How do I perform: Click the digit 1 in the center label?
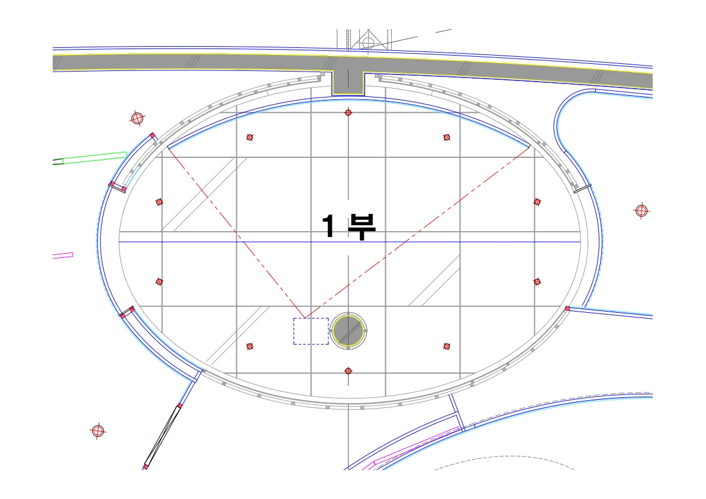pos(328,226)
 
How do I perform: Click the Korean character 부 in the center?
pos(362,227)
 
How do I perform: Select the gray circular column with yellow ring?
pos(348,331)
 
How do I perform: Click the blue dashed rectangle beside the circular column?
pos(311,331)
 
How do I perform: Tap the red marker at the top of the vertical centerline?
pos(348,112)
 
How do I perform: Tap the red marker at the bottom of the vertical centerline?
pos(348,371)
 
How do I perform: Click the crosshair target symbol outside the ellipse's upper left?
pos(137,118)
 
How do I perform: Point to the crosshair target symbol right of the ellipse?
pos(641,210)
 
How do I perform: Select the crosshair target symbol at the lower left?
pos(98,431)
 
